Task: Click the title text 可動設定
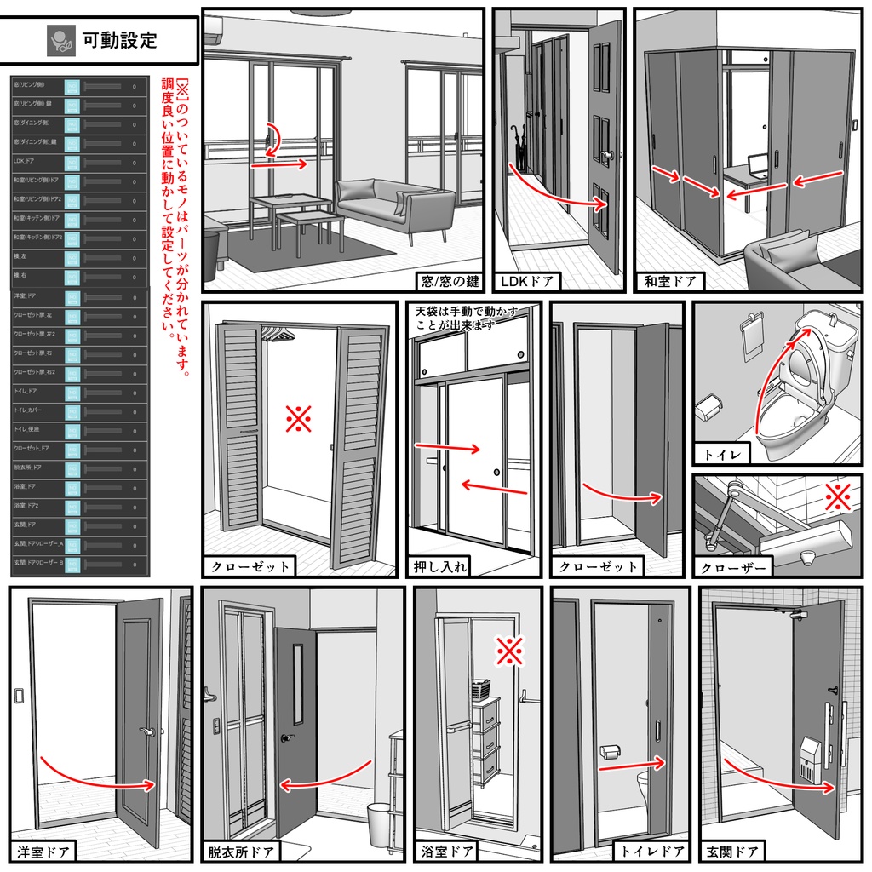[119, 40]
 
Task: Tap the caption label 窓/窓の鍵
[450, 281]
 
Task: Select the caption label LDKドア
[528, 281]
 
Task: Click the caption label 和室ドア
[670, 281]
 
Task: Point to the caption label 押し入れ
[439, 566]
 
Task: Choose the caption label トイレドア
[651, 851]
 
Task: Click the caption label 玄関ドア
[732, 851]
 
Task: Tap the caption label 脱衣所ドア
[242, 851]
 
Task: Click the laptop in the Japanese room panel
[758, 165]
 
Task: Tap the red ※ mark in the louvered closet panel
[298, 419]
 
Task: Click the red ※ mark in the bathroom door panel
[509, 651]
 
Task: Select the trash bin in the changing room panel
[380, 823]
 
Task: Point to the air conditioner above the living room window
[213, 32]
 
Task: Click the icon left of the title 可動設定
[60, 40]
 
